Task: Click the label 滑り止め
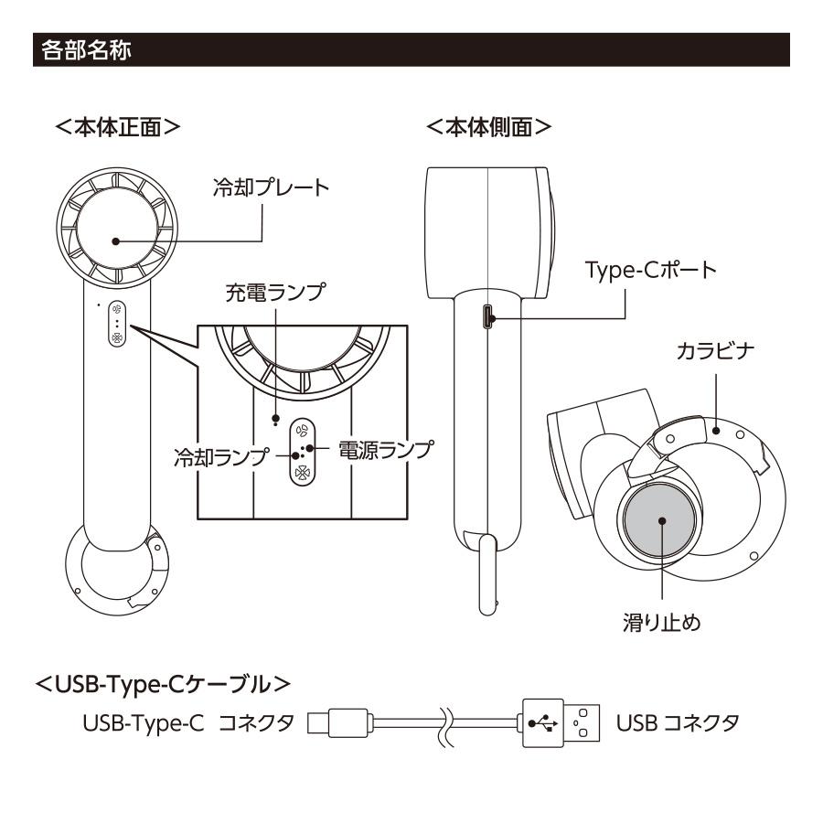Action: pos(661,627)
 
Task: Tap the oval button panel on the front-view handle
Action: pos(117,324)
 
